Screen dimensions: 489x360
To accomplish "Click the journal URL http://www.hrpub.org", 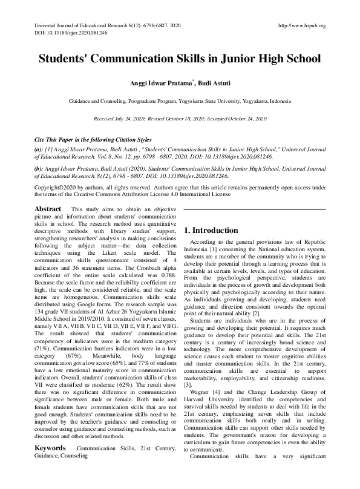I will [x=301, y=26].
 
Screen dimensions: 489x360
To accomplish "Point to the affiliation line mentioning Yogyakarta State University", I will [x=180, y=102].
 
